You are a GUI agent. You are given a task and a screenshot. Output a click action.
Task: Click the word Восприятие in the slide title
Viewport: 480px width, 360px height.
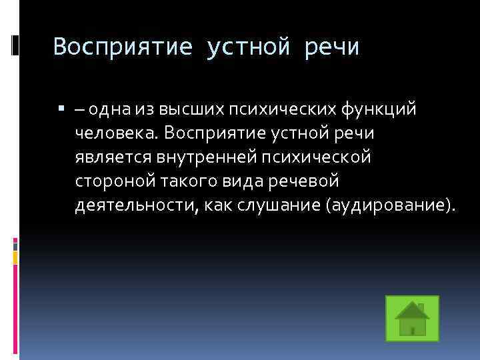tap(123, 47)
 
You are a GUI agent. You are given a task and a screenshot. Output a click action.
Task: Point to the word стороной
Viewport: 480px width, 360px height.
tap(111, 181)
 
